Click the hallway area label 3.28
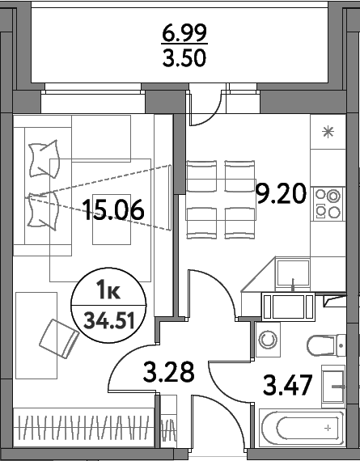click(168, 373)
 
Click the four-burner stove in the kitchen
click(328, 202)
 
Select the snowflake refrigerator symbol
click(328, 134)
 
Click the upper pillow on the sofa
click(42, 157)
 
